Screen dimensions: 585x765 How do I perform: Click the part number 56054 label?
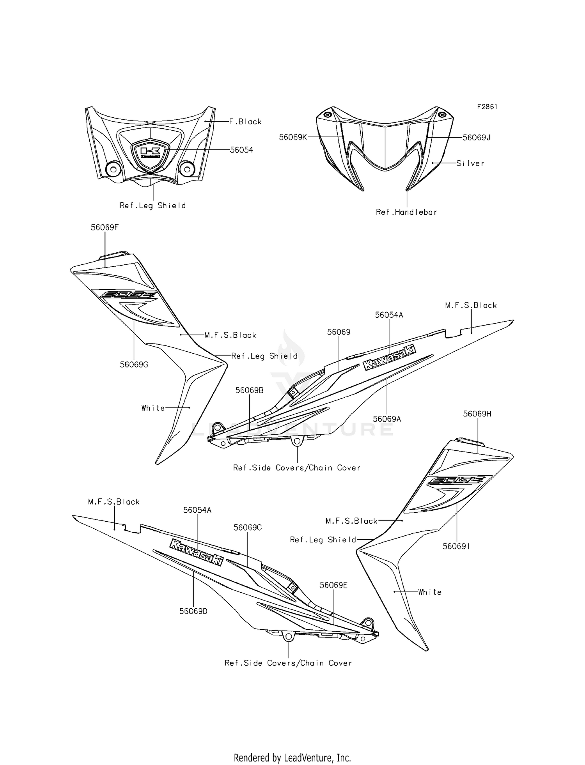click(x=241, y=150)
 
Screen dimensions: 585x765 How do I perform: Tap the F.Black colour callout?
click(x=245, y=122)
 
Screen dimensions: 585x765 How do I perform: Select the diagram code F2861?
click(x=487, y=107)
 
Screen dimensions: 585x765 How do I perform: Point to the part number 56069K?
click(x=293, y=137)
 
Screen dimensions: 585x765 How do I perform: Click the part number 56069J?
click(x=476, y=138)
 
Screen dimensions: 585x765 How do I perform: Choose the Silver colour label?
click(x=470, y=163)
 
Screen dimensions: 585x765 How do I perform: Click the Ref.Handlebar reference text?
click(x=406, y=212)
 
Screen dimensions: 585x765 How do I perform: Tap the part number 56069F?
click(x=105, y=227)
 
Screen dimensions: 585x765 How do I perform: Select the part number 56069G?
click(x=134, y=365)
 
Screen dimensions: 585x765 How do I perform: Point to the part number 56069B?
click(x=250, y=390)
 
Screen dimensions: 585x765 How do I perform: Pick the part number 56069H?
click(x=477, y=414)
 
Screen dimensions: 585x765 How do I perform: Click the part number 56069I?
click(x=456, y=547)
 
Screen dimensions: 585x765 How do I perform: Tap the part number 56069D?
click(x=193, y=611)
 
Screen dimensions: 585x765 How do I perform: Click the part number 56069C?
click(x=248, y=528)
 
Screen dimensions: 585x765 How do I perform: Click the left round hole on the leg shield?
click(x=113, y=169)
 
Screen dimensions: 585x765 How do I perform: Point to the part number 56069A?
click(x=387, y=419)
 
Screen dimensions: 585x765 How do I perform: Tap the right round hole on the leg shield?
click(x=187, y=169)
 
